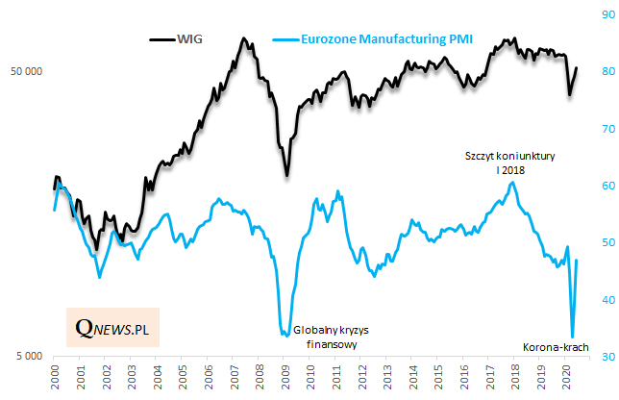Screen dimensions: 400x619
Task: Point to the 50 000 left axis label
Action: [26, 72]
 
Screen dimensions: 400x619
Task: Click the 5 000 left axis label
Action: [29, 357]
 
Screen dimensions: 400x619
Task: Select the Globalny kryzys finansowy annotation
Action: [331, 337]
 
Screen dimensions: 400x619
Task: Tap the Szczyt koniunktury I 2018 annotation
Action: [510, 162]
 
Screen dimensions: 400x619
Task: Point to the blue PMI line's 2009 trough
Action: [285, 335]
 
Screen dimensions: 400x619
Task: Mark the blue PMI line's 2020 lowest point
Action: [573, 336]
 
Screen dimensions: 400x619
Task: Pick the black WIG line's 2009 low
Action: [286, 175]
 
